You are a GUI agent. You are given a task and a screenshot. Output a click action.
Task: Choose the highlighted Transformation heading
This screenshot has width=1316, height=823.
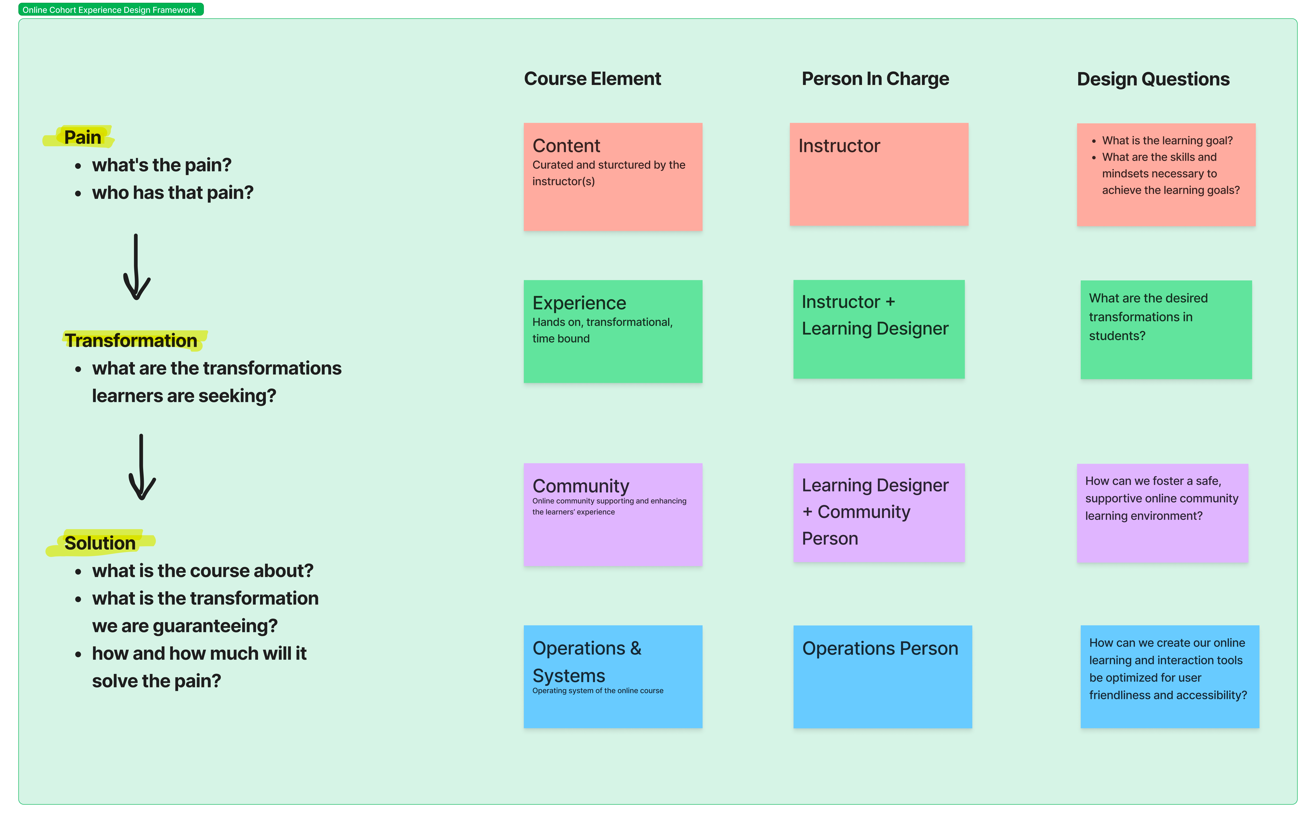pyautogui.click(x=131, y=340)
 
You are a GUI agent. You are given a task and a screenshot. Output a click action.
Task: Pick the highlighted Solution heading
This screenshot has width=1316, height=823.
pyautogui.click(x=100, y=543)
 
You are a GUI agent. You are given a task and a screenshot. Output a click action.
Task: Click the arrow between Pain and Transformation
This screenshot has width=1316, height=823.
pyautogui.click(x=136, y=267)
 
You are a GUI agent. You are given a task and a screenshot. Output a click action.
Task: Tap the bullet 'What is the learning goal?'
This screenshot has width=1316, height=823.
pyautogui.click(x=1167, y=141)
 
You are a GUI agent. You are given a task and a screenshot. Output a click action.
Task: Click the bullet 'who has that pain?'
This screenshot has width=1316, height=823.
pyautogui.click(x=173, y=193)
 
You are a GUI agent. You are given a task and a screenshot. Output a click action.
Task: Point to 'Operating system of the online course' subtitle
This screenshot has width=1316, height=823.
pyautogui.click(x=597, y=691)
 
